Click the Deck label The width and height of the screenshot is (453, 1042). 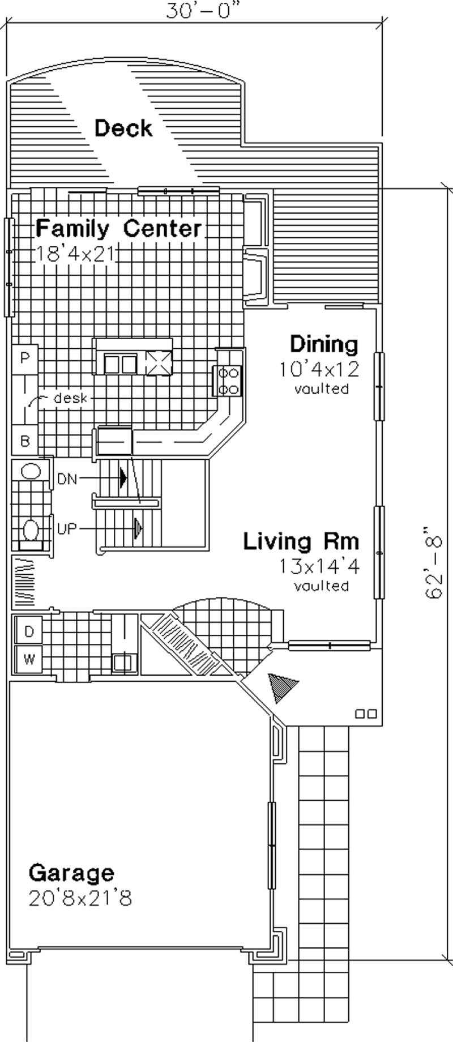pyautogui.click(x=123, y=129)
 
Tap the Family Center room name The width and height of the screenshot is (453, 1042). pyautogui.click(x=118, y=229)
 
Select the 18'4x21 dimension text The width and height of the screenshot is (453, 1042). pyautogui.click(x=76, y=254)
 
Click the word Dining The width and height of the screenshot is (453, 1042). pyautogui.click(x=324, y=344)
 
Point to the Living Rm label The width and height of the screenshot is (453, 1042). pyautogui.click(x=301, y=541)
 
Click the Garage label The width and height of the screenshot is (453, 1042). pyautogui.click(x=71, y=873)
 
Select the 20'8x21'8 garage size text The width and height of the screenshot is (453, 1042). pyautogui.click(x=80, y=898)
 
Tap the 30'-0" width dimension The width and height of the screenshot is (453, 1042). pyautogui.click(x=200, y=11)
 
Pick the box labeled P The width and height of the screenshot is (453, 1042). pyautogui.click(x=25, y=358)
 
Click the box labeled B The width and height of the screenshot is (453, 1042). pyautogui.click(x=25, y=441)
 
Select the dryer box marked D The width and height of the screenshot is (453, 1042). pyautogui.click(x=29, y=631)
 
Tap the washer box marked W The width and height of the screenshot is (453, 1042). pyautogui.click(x=29, y=659)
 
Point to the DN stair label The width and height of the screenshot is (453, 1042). pyautogui.click(x=67, y=480)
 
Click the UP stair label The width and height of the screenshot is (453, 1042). pyautogui.click(x=67, y=529)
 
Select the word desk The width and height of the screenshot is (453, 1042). pyautogui.click(x=70, y=398)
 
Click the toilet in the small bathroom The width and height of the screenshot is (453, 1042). pyautogui.click(x=31, y=532)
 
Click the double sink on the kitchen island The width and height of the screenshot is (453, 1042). pyautogui.click(x=120, y=364)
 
